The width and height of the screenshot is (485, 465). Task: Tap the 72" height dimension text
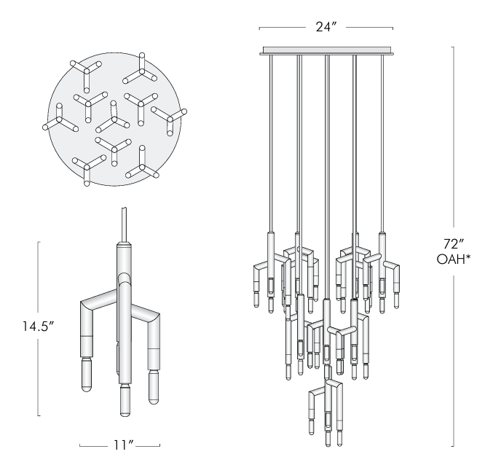453,242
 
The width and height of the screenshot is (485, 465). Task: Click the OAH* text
453,259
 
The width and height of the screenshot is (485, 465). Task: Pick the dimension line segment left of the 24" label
280,29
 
